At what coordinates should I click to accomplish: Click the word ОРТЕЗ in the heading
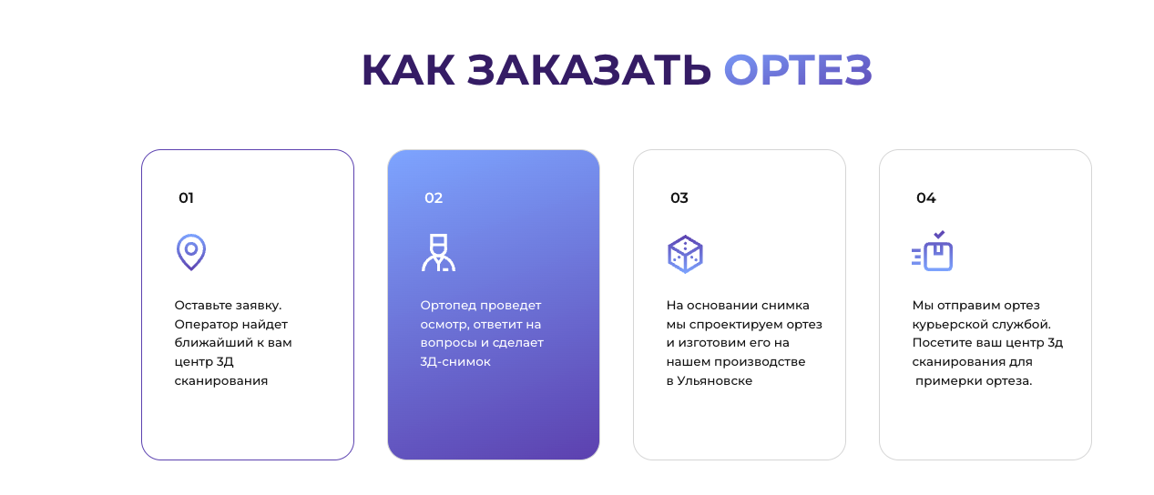pos(798,70)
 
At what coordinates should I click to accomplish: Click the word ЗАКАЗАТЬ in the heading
pos(589,70)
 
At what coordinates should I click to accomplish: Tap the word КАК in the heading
pos(408,70)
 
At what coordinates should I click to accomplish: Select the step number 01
pos(186,198)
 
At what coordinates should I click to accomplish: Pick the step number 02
pos(434,198)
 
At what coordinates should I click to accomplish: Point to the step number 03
pos(679,198)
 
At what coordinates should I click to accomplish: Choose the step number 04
pos(925,198)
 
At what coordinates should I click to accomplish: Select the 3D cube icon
pos(685,254)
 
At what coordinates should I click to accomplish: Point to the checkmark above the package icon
pos(939,234)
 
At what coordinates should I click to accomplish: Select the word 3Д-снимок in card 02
pos(455,362)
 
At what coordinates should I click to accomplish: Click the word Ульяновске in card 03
pos(715,381)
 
